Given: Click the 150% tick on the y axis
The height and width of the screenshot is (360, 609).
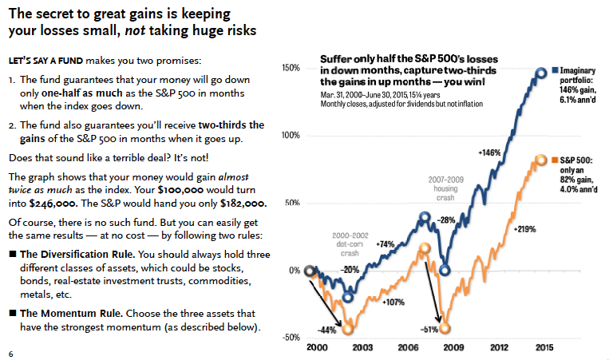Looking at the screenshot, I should (x=289, y=69).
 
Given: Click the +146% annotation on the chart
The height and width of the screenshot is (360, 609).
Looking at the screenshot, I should (x=488, y=151).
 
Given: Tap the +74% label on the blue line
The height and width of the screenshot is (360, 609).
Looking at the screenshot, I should (x=385, y=243).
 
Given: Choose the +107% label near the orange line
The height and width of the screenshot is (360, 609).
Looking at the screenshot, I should (x=393, y=303).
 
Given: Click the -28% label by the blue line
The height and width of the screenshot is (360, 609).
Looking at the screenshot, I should (x=447, y=220).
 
